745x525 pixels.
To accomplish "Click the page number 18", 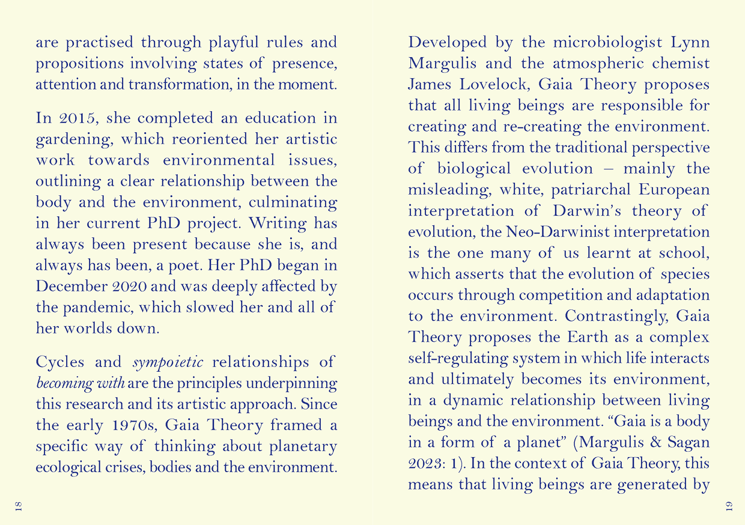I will coord(18,506).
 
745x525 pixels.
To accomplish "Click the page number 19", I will coord(728,506).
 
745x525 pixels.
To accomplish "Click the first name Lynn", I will coord(690,43).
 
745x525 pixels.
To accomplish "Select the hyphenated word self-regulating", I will coord(457,359).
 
